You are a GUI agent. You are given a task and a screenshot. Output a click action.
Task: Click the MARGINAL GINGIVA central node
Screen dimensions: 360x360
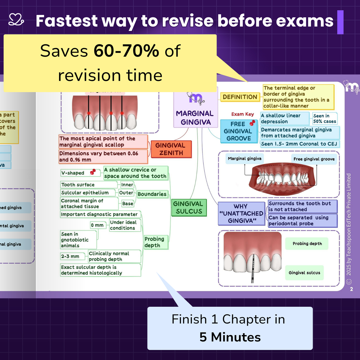click(x=195, y=118)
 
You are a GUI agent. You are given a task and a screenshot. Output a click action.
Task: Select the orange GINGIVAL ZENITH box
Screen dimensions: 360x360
click(x=171, y=149)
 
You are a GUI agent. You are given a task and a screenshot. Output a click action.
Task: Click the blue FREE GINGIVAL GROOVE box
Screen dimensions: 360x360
click(x=238, y=131)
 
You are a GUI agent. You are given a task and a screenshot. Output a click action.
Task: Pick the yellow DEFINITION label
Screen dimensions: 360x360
click(x=240, y=97)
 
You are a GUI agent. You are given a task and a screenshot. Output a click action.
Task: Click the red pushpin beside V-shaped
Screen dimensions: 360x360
click(x=93, y=172)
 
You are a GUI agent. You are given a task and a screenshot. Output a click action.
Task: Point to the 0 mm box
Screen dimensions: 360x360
click(x=97, y=225)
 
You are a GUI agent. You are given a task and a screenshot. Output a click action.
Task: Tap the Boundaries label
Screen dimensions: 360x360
click(x=152, y=194)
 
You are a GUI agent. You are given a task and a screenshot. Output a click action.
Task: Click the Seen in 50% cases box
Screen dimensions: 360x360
click(x=325, y=118)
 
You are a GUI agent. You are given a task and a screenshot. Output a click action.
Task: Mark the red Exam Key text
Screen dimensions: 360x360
click(x=242, y=114)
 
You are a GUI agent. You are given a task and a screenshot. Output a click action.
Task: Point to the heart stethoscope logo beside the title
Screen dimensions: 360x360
click(x=16, y=19)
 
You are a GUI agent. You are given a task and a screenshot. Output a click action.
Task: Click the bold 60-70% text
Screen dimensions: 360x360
click(x=126, y=51)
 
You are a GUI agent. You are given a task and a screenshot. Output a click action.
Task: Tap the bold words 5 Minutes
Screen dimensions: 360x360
click(x=230, y=337)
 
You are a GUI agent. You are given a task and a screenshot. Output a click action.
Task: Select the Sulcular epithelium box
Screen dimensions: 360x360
click(x=85, y=193)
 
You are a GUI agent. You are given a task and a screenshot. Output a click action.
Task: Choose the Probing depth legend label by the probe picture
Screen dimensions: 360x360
click(x=307, y=244)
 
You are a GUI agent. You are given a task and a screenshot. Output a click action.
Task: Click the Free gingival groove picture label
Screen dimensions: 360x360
click(x=314, y=159)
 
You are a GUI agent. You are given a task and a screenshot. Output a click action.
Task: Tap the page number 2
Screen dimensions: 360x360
click(x=351, y=289)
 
